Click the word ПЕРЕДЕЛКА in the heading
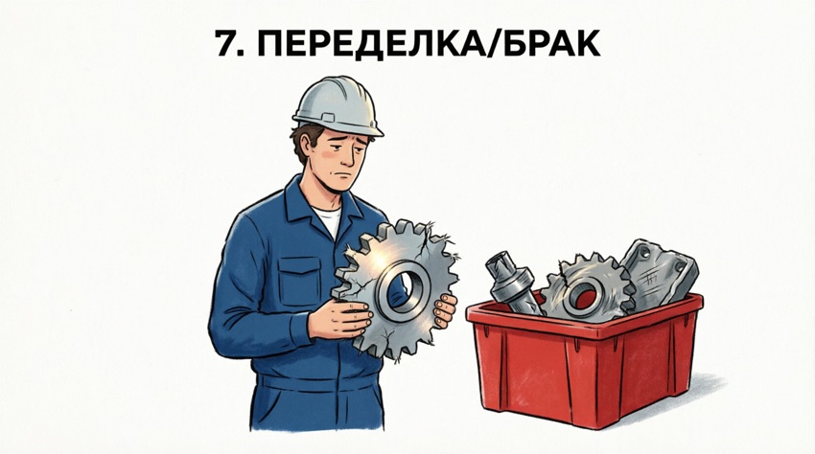pos(372,43)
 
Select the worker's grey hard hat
pos(338,106)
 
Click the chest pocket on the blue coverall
pos(299,281)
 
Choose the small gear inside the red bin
pos(588,290)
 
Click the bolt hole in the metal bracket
pos(645,254)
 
